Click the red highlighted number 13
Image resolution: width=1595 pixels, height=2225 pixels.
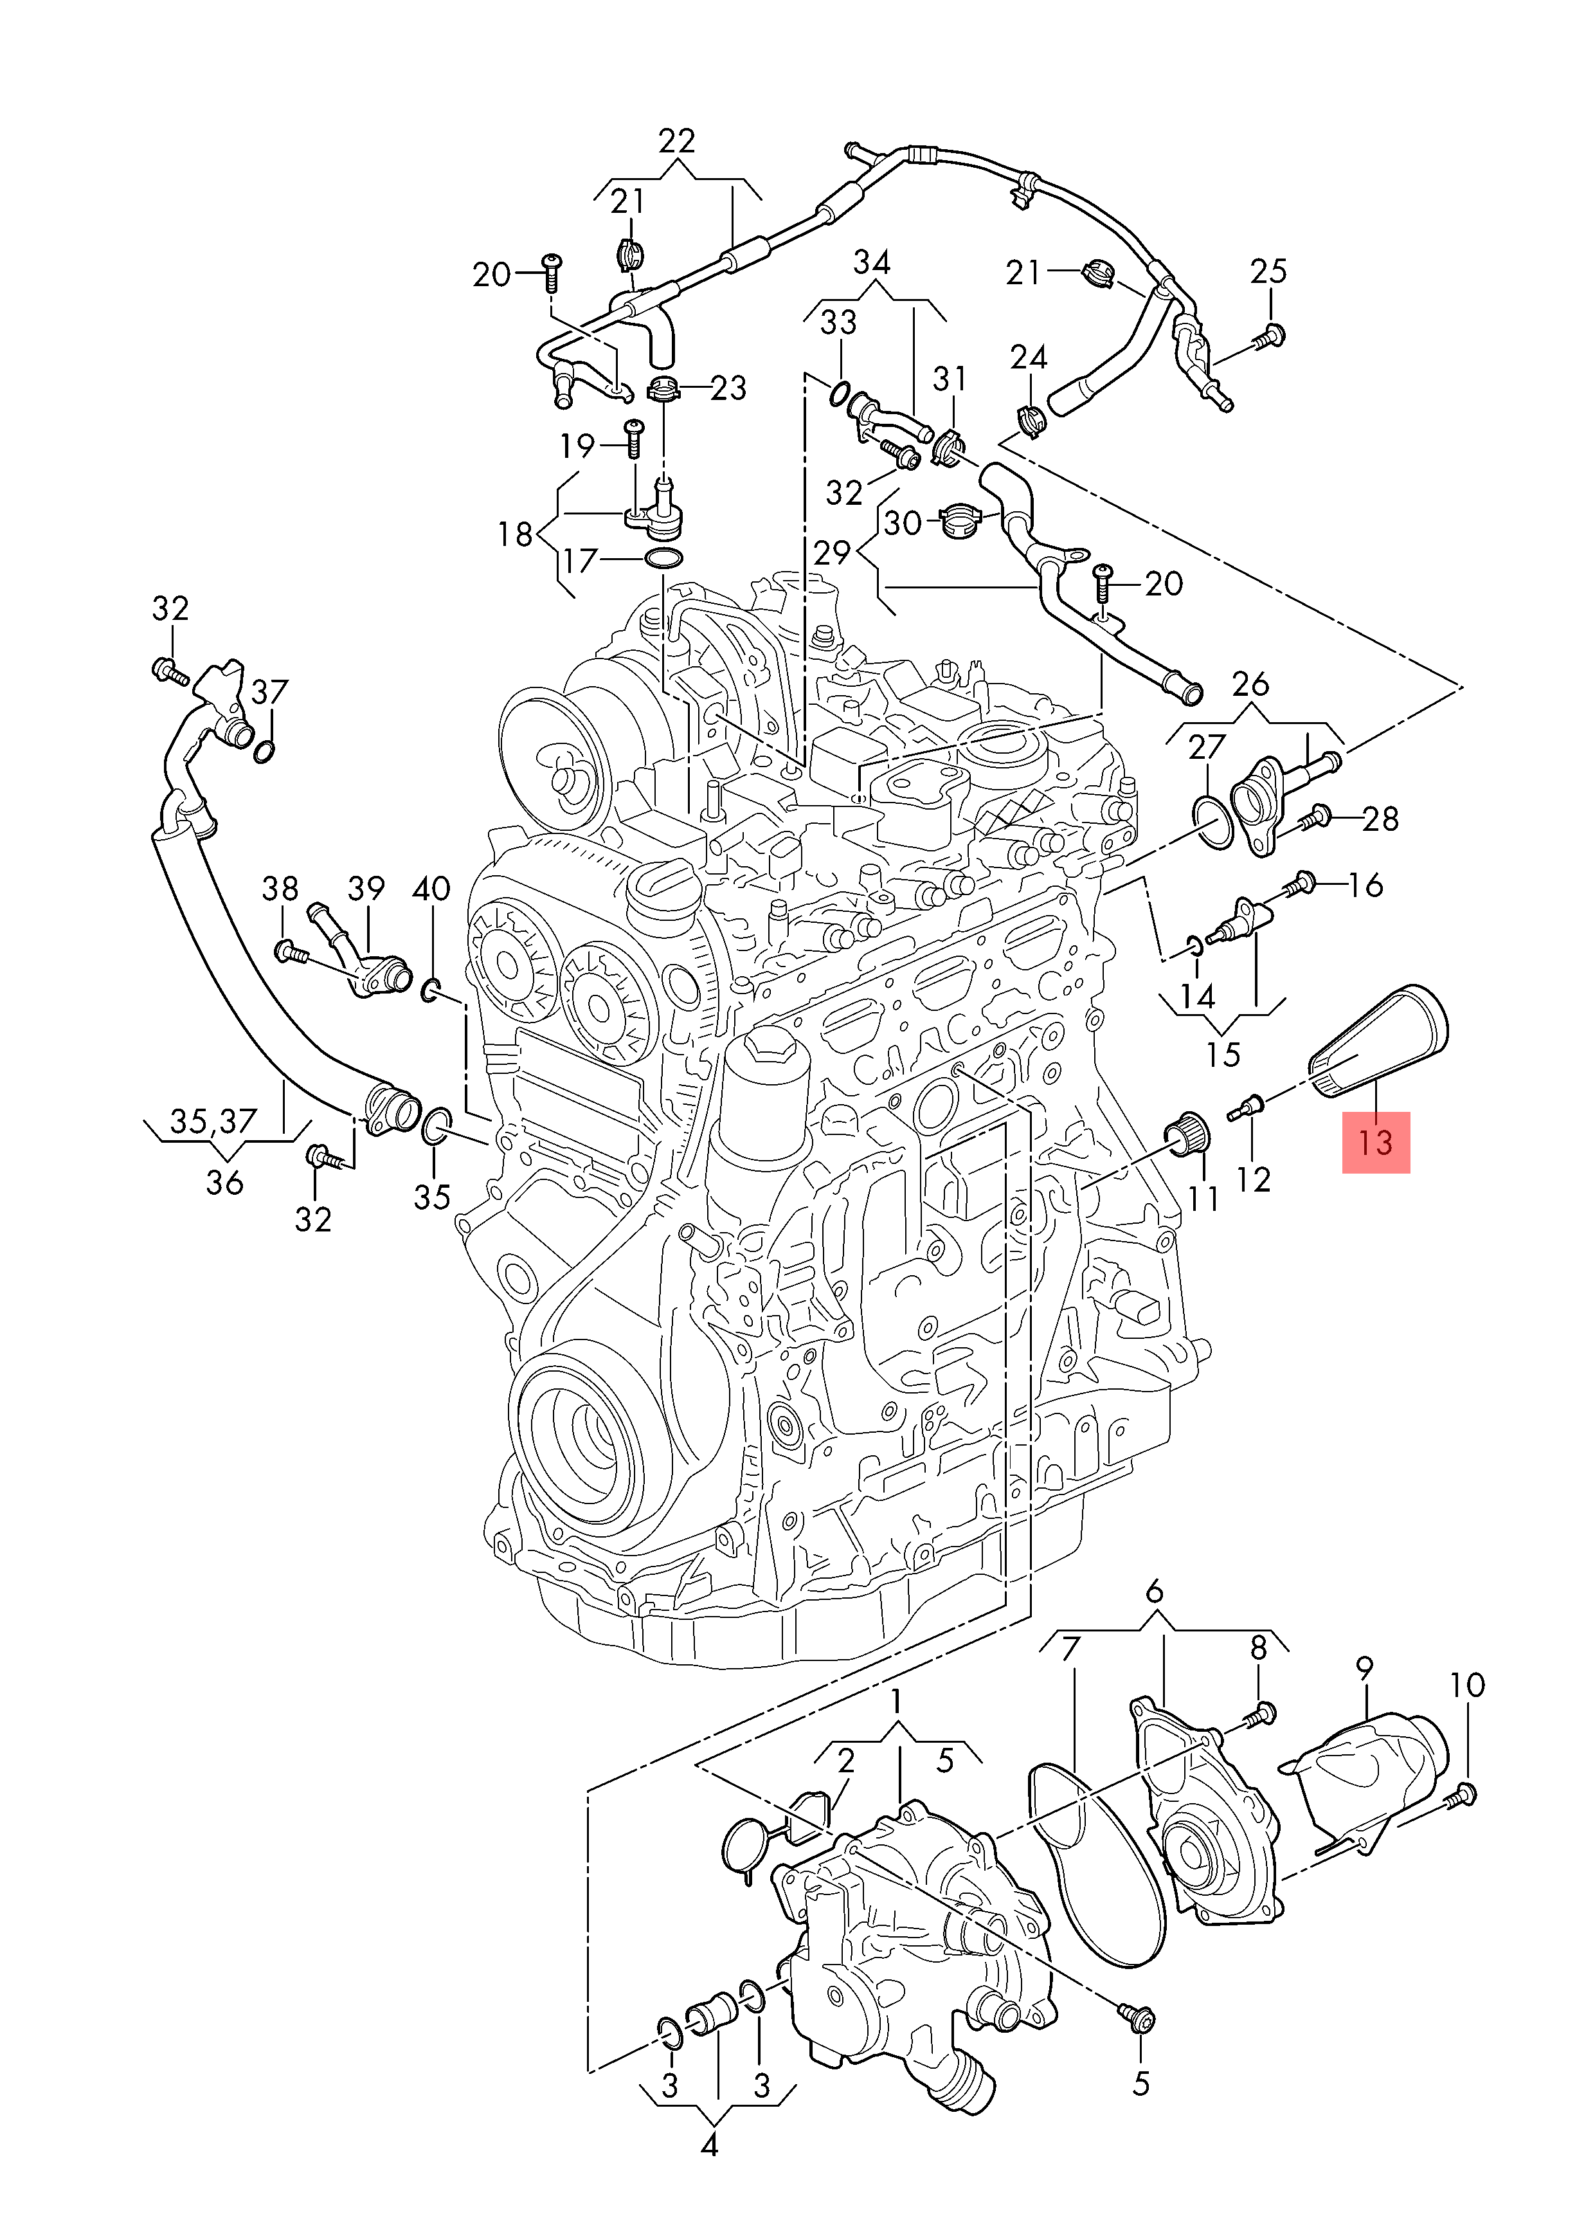point(1375,1142)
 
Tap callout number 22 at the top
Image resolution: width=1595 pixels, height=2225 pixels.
point(677,141)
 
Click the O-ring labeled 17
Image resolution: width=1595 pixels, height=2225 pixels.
point(663,559)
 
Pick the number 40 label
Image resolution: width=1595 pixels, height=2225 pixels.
point(431,889)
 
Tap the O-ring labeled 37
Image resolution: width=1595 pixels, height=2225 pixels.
point(263,752)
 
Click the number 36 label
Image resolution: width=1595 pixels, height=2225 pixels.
point(224,1182)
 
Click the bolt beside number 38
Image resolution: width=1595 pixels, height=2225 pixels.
point(291,950)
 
